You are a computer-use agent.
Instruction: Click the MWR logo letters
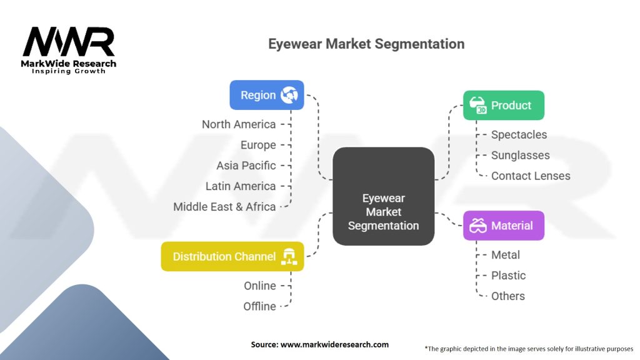[x=69, y=42]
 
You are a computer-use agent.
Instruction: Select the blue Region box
[x=266, y=95]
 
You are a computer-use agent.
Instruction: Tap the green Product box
[x=503, y=105]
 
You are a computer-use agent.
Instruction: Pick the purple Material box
[x=503, y=225]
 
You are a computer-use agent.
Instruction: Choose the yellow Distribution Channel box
[x=232, y=256]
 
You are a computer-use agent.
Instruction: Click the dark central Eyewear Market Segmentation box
[x=383, y=196]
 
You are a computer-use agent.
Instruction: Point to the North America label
[x=239, y=124]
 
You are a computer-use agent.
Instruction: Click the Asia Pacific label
[x=246, y=165]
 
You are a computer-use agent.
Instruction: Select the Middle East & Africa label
[x=224, y=206]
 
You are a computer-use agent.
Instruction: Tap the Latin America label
[x=241, y=186]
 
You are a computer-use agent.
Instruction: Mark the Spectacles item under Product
[x=519, y=135]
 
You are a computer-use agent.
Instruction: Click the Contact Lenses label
[x=531, y=176]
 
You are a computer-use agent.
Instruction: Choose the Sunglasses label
[x=521, y=156]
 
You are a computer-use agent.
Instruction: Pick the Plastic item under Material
[x=508, y=276]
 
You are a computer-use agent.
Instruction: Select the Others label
[x=507, y=296]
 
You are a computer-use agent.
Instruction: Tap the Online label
[x=259, y=286]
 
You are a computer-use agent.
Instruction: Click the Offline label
[x=259, y=306]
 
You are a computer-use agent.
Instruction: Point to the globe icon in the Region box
[x=289, y=95]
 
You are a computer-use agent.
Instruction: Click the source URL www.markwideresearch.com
[x=334, y=344]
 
